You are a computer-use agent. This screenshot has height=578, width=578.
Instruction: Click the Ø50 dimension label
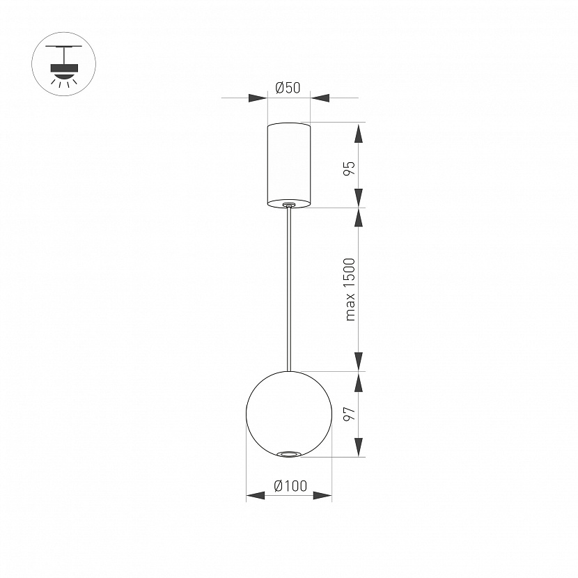[288, 88]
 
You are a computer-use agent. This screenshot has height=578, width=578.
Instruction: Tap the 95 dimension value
[350, 168]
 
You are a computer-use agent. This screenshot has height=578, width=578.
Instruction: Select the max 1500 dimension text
[350, 290]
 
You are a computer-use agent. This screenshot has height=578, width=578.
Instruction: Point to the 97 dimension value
[350, 414]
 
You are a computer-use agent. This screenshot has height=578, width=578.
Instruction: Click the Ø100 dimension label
[290, 485]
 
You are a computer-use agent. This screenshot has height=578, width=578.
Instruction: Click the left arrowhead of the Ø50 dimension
[258, 98]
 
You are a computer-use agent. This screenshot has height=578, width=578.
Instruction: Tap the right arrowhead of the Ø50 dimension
[320, 98]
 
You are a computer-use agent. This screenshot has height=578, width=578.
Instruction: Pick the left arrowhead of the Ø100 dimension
[256, 496]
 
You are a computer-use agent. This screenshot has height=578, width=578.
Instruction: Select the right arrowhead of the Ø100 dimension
[322, 496]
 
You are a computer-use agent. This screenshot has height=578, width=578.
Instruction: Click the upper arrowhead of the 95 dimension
[359, 134]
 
